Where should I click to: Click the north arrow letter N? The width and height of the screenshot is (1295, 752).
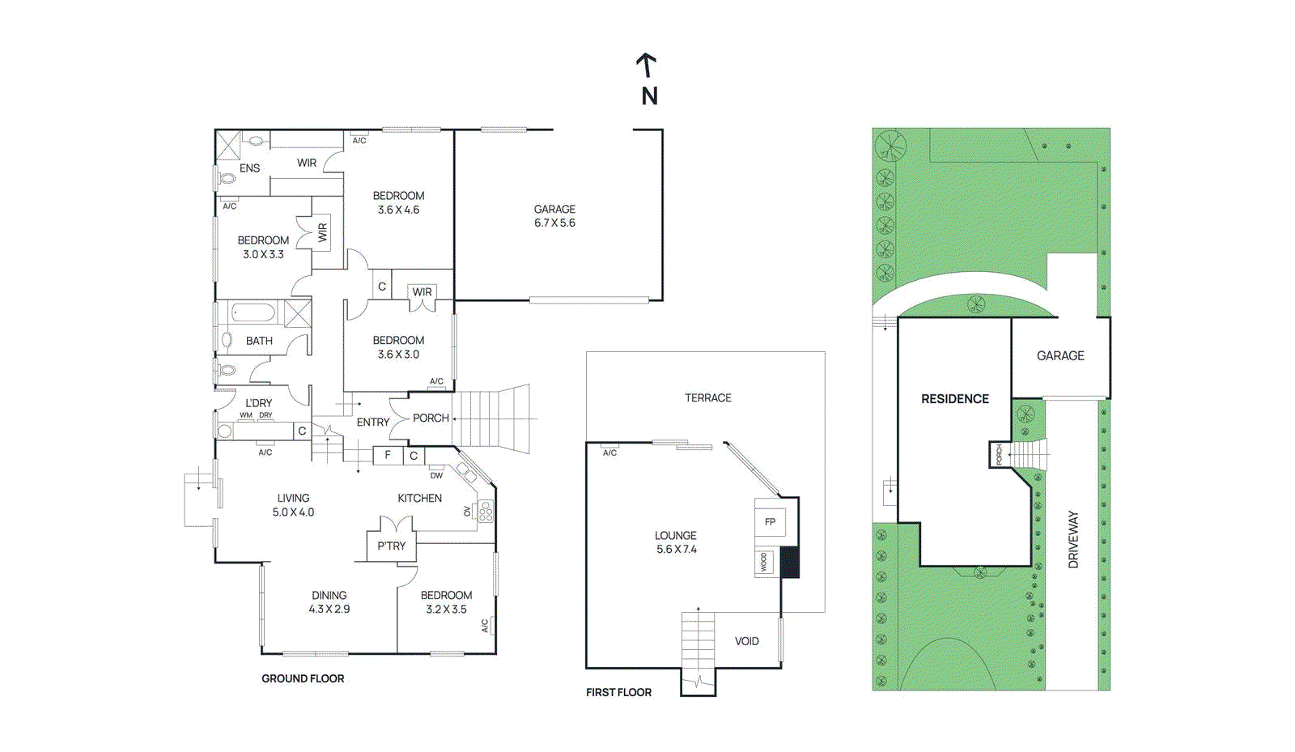[649, 96]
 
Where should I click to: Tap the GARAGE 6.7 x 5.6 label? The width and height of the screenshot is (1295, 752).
[554, 216]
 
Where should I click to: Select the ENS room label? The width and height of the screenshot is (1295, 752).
[249, 168]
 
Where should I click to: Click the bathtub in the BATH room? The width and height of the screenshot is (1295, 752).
[254, 312]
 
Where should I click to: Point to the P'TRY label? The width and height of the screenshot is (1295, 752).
[391, 546]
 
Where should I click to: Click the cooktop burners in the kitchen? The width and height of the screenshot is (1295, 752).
[486, 511]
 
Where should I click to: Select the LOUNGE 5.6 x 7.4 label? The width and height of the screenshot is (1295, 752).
[676, 542]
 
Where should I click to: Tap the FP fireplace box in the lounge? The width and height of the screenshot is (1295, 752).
[770, 522]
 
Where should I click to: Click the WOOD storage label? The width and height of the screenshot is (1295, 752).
[763, 562]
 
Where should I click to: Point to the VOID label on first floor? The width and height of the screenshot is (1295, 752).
[746, 641]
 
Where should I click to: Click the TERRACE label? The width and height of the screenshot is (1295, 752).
[707, 397]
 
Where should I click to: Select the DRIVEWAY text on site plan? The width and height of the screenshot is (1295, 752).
[1073, 539]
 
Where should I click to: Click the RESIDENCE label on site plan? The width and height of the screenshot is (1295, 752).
[955, 399]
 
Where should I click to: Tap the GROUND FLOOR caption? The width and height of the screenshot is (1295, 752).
[303, 678]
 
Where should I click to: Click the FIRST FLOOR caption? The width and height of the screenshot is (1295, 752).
[618, 692]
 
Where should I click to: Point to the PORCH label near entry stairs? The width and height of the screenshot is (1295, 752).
[431, 418]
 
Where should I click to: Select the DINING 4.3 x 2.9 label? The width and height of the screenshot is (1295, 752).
[329, 602]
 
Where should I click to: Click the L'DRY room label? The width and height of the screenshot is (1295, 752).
[258, 403]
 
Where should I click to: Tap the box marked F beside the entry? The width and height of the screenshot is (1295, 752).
[388, 455]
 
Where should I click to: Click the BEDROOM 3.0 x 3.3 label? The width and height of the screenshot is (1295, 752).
[263, 247]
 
